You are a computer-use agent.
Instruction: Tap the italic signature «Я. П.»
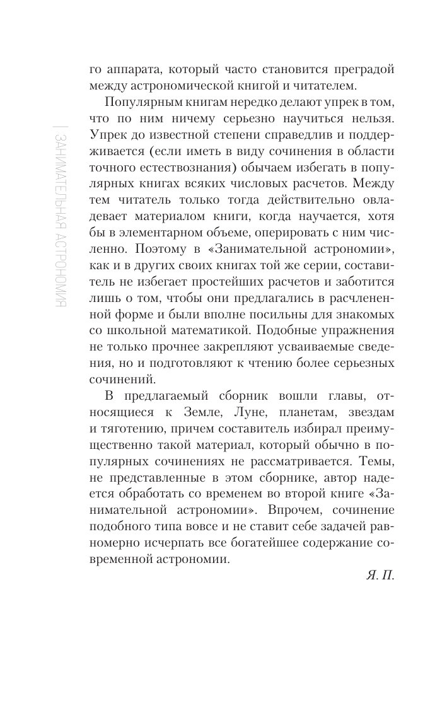click(379, 576)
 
